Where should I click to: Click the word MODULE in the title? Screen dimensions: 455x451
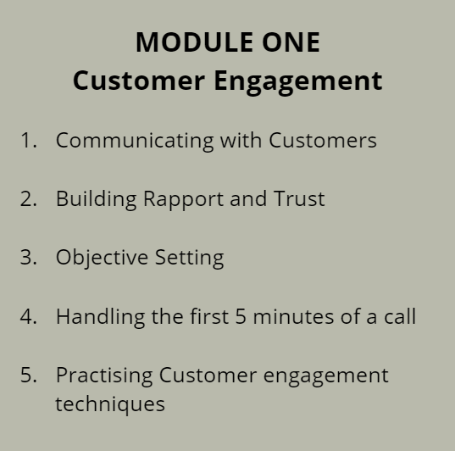pyautogui.click(x=194, y=42)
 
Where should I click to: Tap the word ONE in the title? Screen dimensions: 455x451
pyautogui.click(x=291, y=42)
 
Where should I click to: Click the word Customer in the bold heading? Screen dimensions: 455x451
pyautogui.click(x=139, y=81)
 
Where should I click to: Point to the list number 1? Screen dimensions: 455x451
pyautogui.click(x=29, y=140)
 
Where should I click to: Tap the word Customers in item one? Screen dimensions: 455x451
pyautogui.click(x=322, y=140)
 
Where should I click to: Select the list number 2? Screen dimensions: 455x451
pyautogui.click(x=29, y=199)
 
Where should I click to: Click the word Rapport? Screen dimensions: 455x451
pyautogui.click(x=183, y=200)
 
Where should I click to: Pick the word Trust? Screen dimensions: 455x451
pyautogui.click(x=299, y=199)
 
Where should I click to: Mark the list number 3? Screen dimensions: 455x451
pyautogui.click(x=29, y=258)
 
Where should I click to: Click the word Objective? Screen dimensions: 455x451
pyautogui.click(x=102, y=259)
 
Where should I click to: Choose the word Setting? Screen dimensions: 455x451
pyautogui.click(x=189, y=259)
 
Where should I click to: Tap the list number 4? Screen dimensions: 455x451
pyautogui.click(x=29, y=316)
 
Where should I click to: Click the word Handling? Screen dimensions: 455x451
pyautogui.click(x=100, y=317)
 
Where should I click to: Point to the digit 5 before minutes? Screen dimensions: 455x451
pyautogui.click(x=241, y=316)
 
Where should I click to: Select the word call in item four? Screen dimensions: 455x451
pyautogui.click(x=400, y=316)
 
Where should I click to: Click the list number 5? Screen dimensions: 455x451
pyautogui.click(x=29, y=375)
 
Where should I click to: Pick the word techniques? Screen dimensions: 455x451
pyautogui.click(x=110, y=404)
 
